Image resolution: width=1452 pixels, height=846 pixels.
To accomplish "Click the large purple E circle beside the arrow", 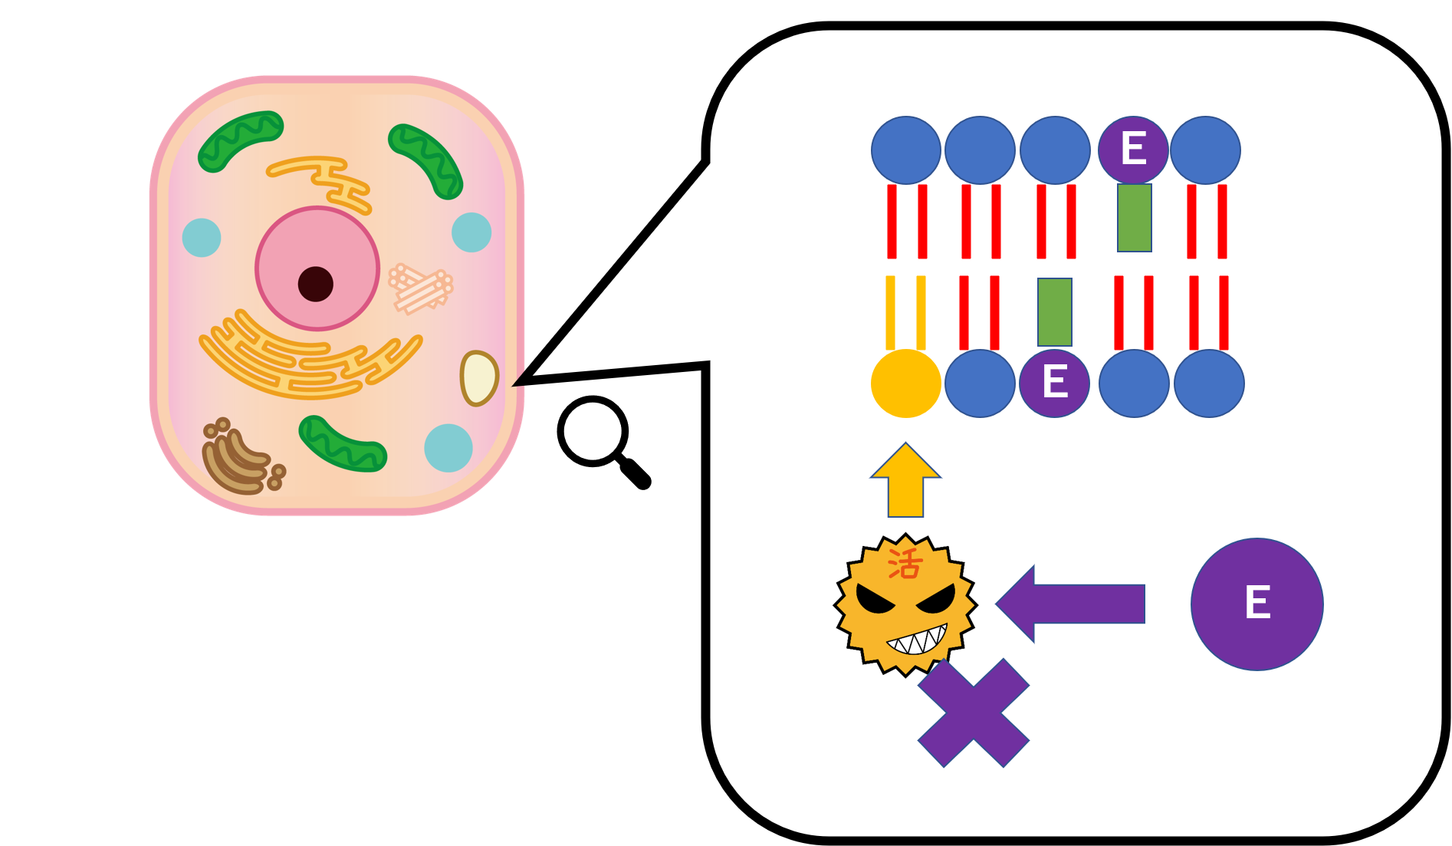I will [1257, 604].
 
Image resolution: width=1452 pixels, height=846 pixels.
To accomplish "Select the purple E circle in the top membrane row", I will [1133, 150].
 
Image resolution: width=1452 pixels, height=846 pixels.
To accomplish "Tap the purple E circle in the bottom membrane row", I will [1054, 383].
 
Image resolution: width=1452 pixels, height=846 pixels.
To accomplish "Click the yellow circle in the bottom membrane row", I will [905, 383].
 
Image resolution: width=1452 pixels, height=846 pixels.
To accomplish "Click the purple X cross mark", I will [973, 713].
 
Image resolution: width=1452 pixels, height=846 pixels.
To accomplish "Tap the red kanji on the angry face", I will [905, 565].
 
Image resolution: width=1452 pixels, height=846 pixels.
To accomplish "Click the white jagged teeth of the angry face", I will [917, 640].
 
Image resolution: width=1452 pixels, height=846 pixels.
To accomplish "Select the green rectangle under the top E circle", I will [1134, 218].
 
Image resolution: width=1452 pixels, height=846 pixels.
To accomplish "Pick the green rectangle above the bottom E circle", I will [1054, 311].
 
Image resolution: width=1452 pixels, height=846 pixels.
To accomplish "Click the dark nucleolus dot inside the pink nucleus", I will [315, 284].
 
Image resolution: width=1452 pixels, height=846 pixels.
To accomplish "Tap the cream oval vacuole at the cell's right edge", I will [478, 377].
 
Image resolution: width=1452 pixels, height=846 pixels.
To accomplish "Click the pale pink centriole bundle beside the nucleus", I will [421, 288].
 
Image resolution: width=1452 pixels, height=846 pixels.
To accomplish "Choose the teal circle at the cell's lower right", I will [448, 448].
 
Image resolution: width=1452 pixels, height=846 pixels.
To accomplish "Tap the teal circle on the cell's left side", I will [202, 237].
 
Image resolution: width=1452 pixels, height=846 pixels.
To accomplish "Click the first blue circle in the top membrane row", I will [905, 150].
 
